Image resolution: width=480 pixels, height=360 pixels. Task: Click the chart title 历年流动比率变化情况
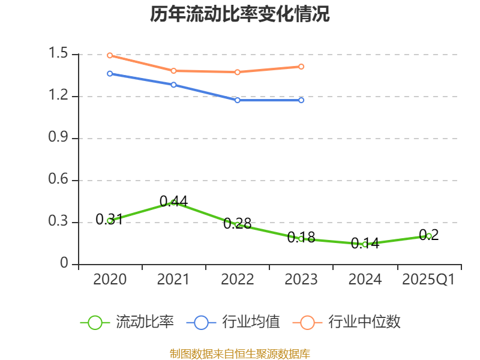coord(240,14)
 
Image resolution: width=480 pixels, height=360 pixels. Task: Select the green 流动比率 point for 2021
coord(173,202)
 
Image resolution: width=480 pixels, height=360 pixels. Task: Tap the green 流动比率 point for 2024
coord(365,244)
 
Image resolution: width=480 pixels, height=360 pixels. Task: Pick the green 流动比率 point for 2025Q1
coord(429,236)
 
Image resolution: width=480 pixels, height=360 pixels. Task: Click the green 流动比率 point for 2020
coord(110,220)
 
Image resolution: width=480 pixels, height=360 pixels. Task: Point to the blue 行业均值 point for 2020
coord(110,74)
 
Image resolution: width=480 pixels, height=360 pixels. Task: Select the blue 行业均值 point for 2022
coord(238,100)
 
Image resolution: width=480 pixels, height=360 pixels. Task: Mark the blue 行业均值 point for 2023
coord(301,100)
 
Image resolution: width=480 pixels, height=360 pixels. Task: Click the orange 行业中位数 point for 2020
coord(110,55)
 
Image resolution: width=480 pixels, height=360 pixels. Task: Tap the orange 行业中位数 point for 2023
coord(301,67)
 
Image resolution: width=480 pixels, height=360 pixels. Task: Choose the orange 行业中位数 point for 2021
coord(173,71)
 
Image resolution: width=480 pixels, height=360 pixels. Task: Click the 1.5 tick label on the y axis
coord(60,55)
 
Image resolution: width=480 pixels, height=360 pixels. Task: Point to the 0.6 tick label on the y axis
coord(60,181)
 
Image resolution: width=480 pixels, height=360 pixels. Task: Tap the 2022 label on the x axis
coord(238,280)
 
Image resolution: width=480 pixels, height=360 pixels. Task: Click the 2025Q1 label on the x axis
coord(428,280)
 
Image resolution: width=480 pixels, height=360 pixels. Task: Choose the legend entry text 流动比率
coord(145,322)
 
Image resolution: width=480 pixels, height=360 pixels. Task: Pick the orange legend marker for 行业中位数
coord(308,322)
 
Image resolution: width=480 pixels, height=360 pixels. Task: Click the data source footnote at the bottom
coord(240,353)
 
